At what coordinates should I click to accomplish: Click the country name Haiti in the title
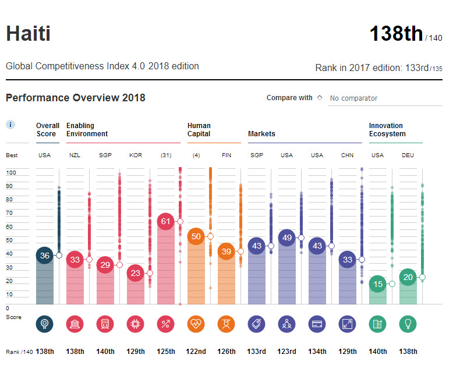click(28, 33)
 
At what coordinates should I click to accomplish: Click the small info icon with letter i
click(10, 125)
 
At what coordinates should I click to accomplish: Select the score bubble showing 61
click(166, 221)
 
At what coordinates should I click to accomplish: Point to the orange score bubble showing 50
click(196, 236)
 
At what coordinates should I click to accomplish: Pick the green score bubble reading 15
click(378, 284)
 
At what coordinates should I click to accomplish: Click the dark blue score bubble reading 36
click(45, 255)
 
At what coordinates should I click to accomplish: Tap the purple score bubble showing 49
click(287, 238)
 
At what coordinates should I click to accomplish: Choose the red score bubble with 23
click(136, 272)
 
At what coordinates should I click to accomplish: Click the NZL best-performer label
click(75, 155)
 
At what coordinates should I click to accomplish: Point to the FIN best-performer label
click(226, 155)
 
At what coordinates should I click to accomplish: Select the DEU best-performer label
click(408, 155)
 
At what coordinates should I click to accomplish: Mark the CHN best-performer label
click(348, 155)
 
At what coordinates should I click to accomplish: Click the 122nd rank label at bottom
click(196, 352)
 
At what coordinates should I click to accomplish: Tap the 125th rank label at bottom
click(166, 352)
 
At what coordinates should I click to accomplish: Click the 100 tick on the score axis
click(10, 173)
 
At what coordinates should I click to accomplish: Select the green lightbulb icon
click(408, 324)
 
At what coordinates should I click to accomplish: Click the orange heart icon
click(196, 324)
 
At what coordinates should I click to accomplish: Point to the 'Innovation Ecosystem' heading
click(386, 129)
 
